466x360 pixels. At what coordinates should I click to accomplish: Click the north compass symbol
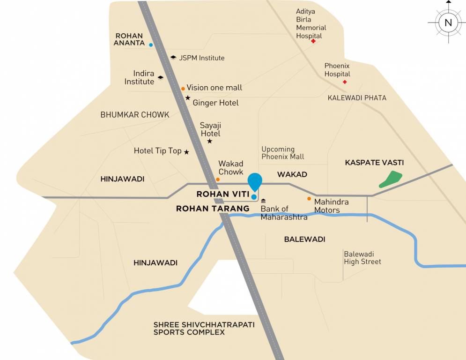tap(448, 22)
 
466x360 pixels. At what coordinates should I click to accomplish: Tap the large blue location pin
tap(255, 181)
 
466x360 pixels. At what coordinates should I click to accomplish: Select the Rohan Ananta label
tap(130, 39)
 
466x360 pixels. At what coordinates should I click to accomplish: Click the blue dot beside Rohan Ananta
tap(151, 45)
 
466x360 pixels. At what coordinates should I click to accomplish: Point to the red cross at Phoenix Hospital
tap(345, 82)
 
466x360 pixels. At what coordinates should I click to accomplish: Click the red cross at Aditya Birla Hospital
tap(313, 41)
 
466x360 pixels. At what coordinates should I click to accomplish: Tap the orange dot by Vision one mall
tap(183, 89)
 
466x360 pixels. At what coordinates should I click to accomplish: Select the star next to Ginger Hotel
tap(188, 98)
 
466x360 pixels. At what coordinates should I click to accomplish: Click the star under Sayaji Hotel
tap(209, 141)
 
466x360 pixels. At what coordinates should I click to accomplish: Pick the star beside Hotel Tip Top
tap(186, 152)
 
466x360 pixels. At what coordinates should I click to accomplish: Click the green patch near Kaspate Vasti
tap(391, 180)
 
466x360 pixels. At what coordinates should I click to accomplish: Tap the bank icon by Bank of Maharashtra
tap(263, 201)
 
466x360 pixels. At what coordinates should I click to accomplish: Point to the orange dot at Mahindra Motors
tap(309, 199)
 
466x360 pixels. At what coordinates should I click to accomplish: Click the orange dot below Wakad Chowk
tap(218, 179)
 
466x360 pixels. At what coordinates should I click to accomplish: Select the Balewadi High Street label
tap(362, 258)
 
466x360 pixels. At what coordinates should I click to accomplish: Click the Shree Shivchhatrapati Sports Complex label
tap(204, 328)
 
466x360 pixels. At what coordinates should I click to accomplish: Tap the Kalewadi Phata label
tap(357, 98)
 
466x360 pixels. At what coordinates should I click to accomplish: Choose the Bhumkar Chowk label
tap(128, 115)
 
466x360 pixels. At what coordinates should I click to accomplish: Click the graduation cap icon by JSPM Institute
tap(173, 57)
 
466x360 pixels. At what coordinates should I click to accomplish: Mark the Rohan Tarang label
tap(213, 209)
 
